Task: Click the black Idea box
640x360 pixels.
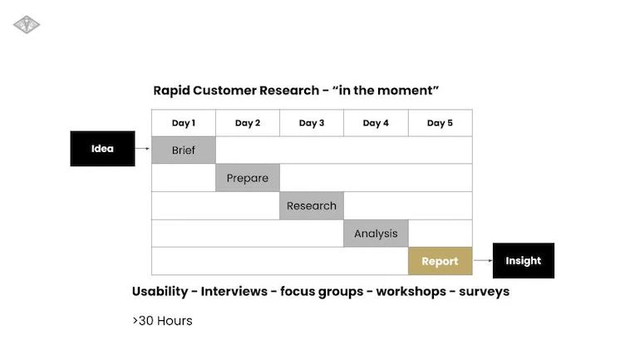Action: (x=102, y=149)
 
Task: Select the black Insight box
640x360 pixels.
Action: (x=523, y=260)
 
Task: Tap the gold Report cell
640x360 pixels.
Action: (x=440, y=261)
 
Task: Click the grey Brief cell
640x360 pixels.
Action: (x=184, y=150)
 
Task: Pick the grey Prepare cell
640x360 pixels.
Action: (x=248, y=178)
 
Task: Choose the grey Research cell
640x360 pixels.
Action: (x=312, y=205)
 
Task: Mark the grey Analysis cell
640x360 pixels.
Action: (x=376, y=234)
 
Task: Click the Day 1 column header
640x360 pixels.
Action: (x=184, y=123)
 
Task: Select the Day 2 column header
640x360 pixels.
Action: (x=248, y=123)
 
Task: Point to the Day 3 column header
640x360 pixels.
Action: (x=312, y=123)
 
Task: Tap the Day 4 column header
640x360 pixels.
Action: (x=376, y=123)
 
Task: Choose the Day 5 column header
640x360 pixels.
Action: (x=440, y=123)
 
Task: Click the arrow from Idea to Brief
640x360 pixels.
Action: (x=143, y=150)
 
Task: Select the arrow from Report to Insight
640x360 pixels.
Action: (x=482, y=260)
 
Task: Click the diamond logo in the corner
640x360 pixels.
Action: (x=27, y=25)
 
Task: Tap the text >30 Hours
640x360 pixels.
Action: (x=162, y=321)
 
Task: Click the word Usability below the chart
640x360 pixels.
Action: (x=160, y=292)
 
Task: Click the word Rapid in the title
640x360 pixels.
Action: (x=171, y=90)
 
